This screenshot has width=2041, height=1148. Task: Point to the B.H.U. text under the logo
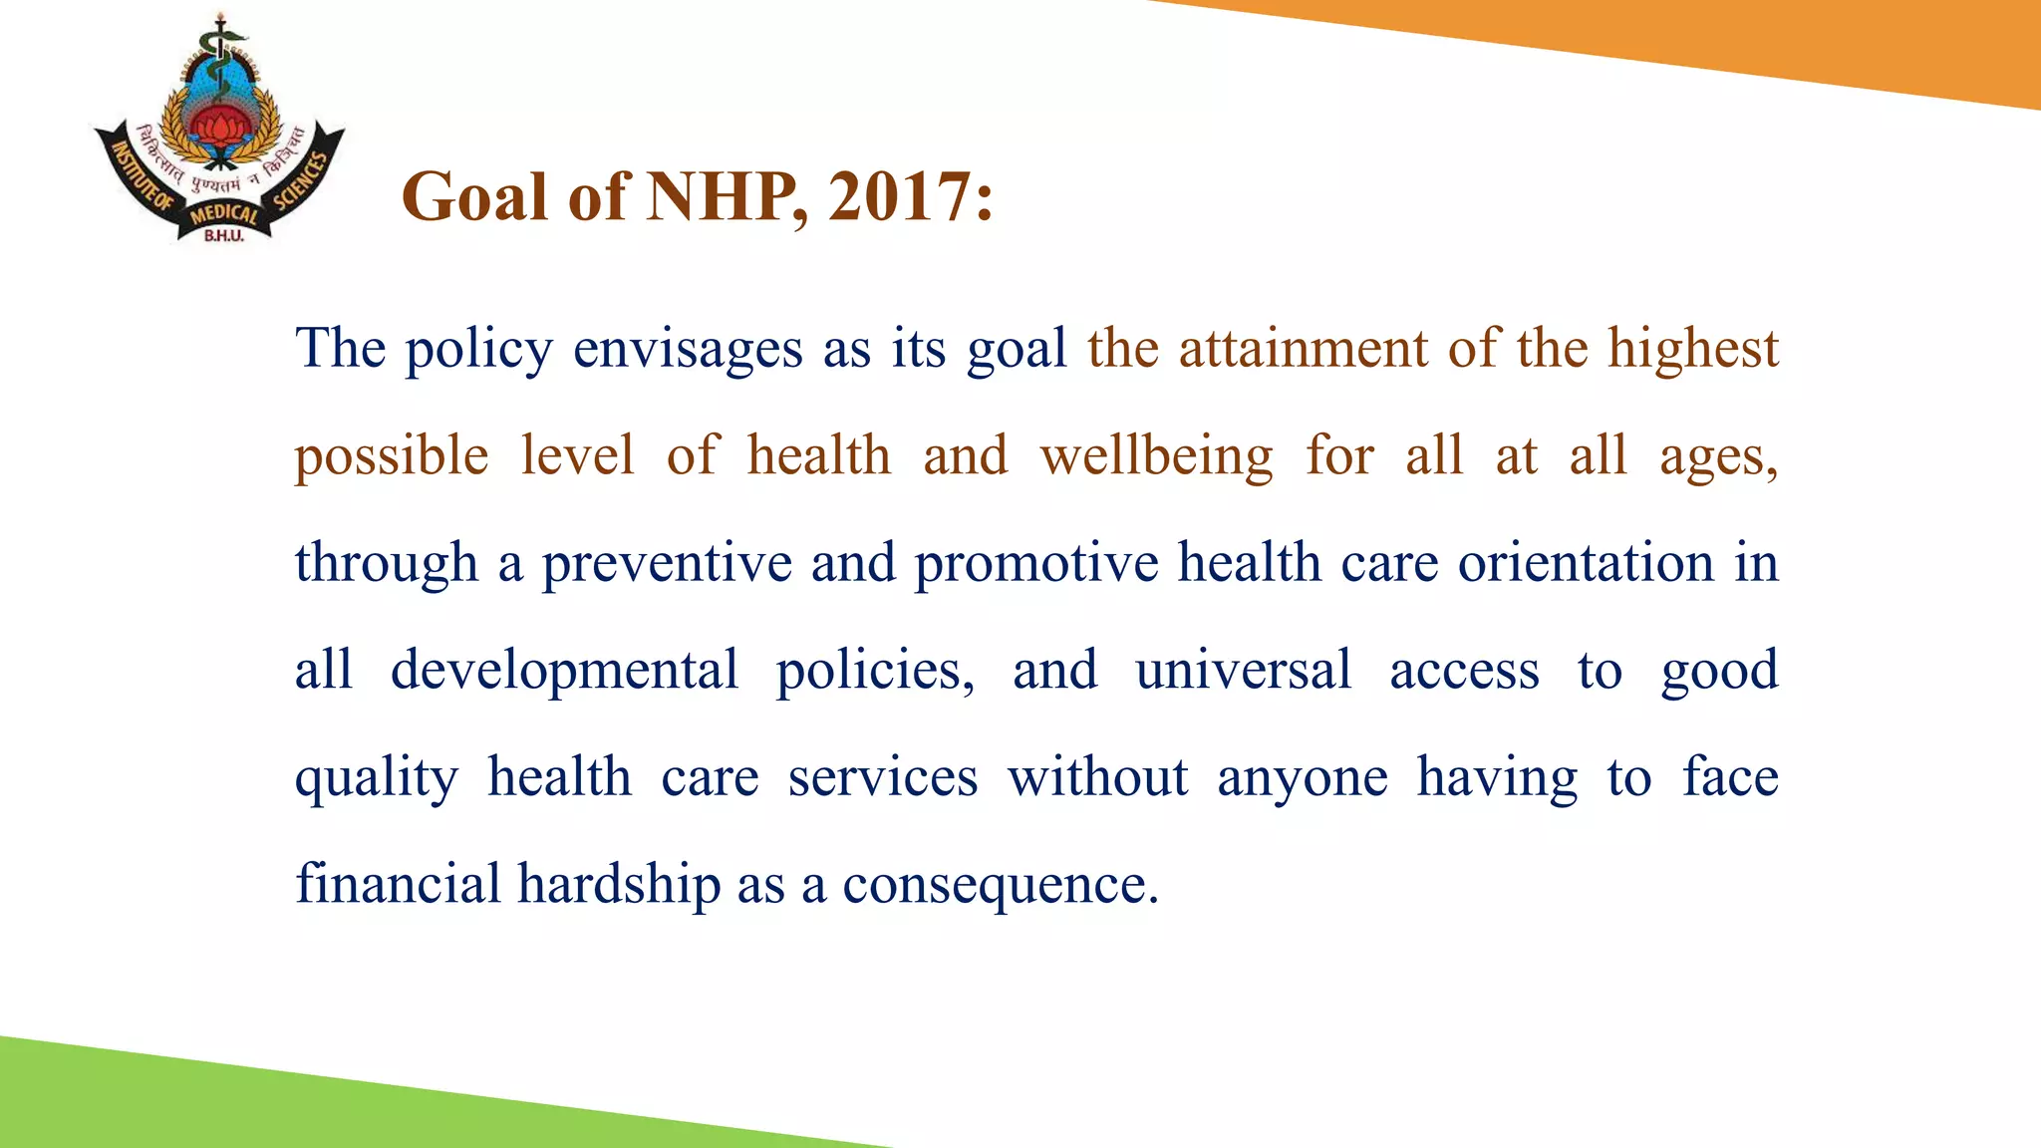(223, 236)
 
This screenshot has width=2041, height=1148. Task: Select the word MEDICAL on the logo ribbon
(223, 213)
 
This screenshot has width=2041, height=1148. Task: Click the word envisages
(687, 350)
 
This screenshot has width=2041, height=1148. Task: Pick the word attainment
(1303, 350)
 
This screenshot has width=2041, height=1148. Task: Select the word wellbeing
(1156, 456)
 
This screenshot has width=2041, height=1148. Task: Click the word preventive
(667, 564)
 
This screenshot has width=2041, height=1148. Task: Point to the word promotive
(1035, 564)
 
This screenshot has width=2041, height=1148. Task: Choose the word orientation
(1586, 564)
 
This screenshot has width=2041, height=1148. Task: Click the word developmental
(564, 671)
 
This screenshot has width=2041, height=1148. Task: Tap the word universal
(1243, 671)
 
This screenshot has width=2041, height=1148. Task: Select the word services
(882, 778)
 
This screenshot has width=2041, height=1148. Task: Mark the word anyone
(1302, 778)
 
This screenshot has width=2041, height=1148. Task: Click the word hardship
(618, 885)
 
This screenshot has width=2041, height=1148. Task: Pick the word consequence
(1000, 885)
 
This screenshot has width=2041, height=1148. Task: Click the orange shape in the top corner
(1794, 40)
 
